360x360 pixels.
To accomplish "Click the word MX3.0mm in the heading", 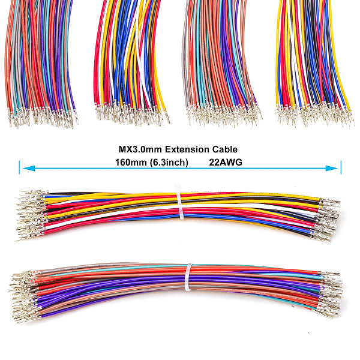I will click(x=137, y=149).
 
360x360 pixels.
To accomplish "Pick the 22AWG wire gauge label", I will click(x=226, y=162).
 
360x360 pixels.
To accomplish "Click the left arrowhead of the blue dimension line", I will click(x=25, y=169).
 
